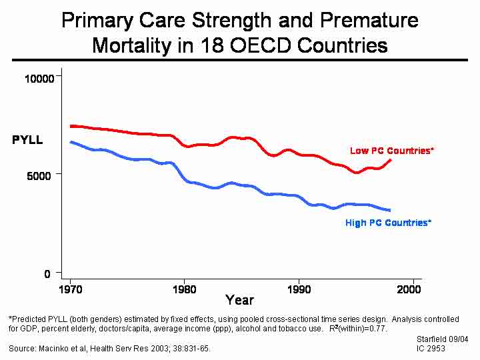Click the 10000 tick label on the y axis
tap(39, 79)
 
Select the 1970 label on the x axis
tap(70, 290)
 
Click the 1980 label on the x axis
tap(185, 290)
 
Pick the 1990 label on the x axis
tap(299, 290)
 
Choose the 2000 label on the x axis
tap(409, 290)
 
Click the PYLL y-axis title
tap(27, 140)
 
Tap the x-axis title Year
tap(239, 301)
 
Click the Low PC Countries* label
tap(392, 151)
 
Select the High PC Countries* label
tap(388, 223)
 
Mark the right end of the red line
tap(391, 160)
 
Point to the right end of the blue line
tap(390, 210)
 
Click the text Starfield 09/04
tap(442, 339)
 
